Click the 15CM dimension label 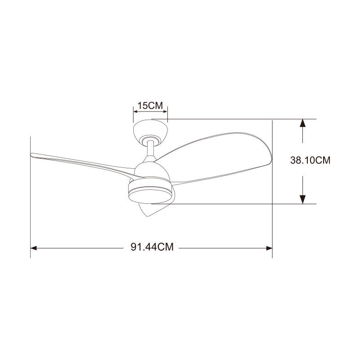coord(150,106)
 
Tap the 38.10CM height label coord(310,160)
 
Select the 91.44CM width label coord(152,247)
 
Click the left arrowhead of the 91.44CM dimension coord(33,248)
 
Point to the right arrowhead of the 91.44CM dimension coord(269,248)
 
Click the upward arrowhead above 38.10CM coord(302,123)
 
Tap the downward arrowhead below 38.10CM coord(302,199)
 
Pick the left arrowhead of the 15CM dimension coord(135,112)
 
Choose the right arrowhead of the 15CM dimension coord(165,112)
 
